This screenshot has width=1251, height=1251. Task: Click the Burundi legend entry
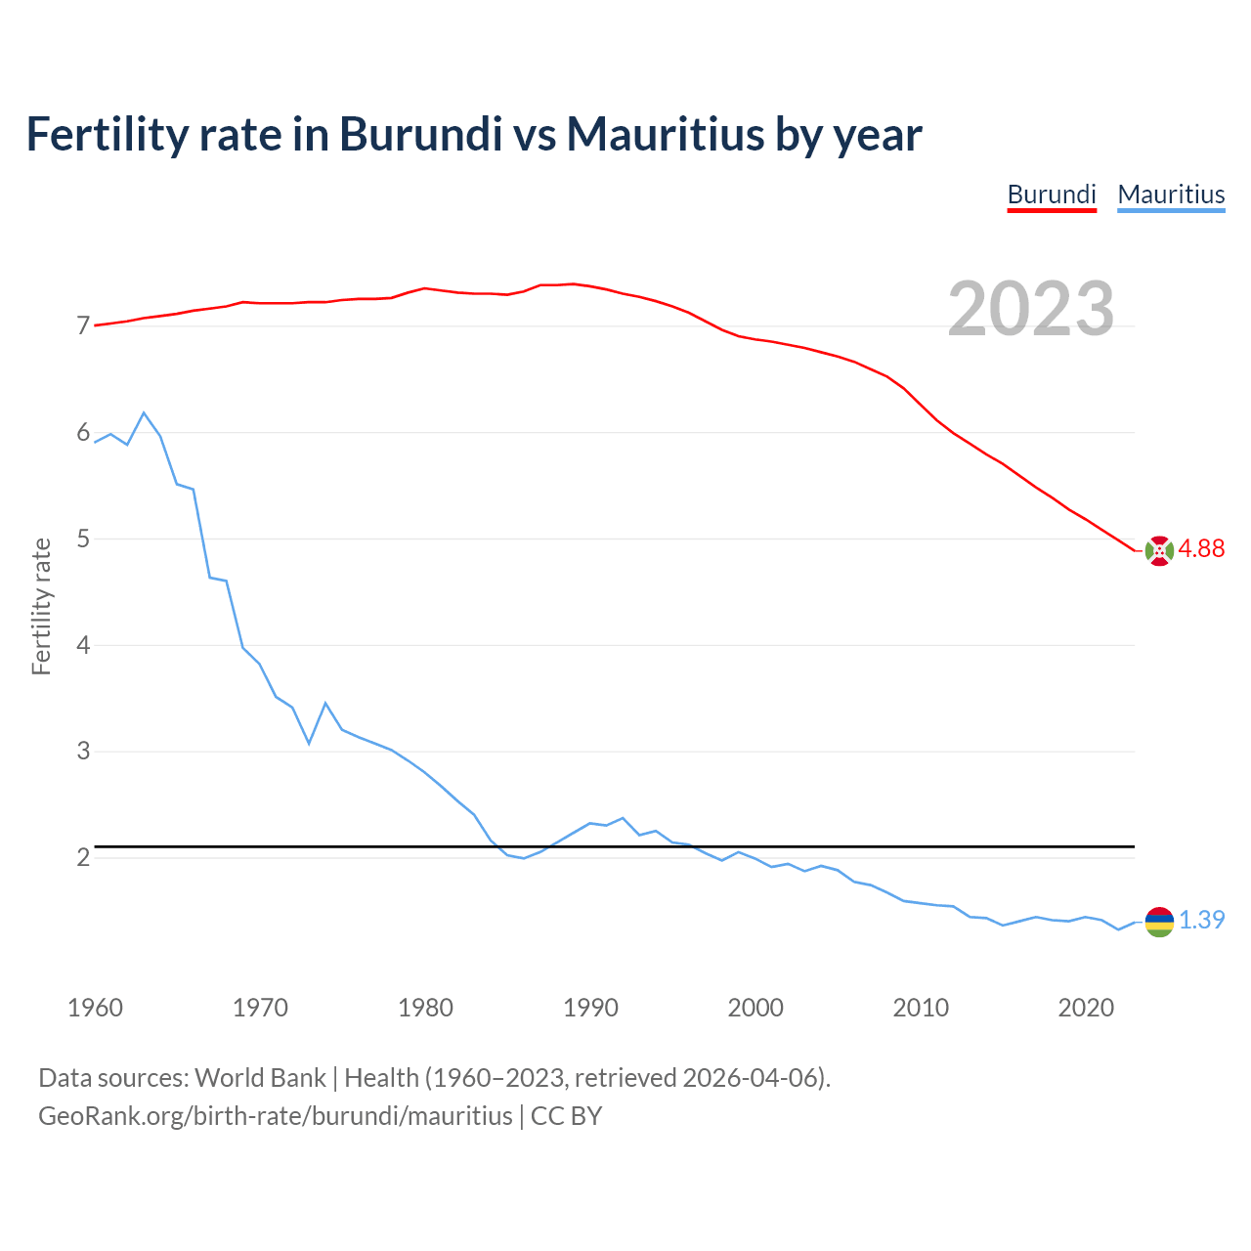click(1052, 194)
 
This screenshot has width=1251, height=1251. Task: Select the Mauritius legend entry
click(1171, 194)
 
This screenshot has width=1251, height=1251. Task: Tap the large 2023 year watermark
click(1031, 309)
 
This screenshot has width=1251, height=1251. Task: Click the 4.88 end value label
click(1201, 549)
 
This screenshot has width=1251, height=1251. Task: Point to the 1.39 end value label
click(1201, 921)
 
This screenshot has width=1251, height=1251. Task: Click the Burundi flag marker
click(1159, 551)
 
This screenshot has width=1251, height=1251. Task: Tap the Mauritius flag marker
click(1159, 922)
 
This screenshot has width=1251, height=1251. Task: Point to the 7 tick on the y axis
click(83, 326)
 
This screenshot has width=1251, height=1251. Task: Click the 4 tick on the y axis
click(83, 645)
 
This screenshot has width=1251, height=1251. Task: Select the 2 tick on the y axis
click(83, 858)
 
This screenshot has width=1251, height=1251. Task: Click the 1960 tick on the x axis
click(95, 1008)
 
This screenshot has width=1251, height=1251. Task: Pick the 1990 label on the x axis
click(590, 1008)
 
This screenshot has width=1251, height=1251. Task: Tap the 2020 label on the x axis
click(1086, 1008)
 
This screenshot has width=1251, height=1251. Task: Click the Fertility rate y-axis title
click(41, 606)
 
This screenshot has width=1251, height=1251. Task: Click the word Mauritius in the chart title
click(666, 135)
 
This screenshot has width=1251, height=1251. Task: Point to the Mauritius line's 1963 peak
click(144, 413)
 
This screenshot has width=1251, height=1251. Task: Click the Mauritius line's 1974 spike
click(325, 704)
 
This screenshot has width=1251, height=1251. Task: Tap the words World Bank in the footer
click(260, 1078)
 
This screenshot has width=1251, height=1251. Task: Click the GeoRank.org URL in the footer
click(275, 1116)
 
